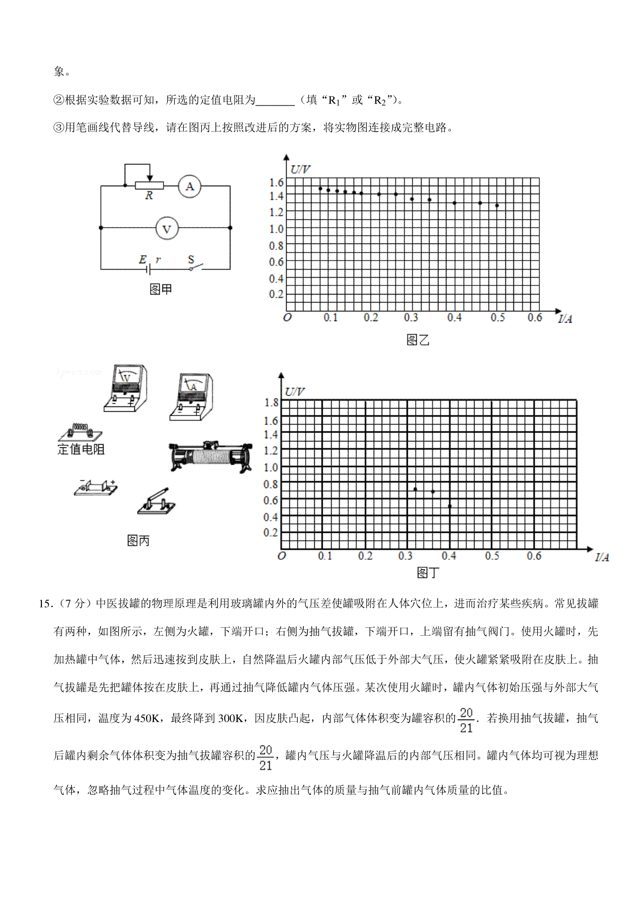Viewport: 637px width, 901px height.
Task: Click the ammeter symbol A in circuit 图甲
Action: (x=190, y=187)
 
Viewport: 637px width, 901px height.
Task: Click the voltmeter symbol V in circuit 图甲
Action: (x=167, y=229)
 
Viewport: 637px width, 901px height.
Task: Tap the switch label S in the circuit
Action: (x=191, y=260)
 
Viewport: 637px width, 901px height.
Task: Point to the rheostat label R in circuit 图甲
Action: (x=149, y=196)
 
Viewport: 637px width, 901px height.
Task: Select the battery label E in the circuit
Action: (x=142, y=259)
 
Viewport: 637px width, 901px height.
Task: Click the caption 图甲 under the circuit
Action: (x=161, y=289)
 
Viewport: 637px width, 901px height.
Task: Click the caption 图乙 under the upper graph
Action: (x=417, y=340)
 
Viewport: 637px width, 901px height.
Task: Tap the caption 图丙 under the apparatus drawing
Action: (x=139, y=541)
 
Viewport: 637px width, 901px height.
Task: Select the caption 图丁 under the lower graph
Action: (x=428, y=573)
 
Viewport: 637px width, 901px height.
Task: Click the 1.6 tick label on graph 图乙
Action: (x=277, y=183)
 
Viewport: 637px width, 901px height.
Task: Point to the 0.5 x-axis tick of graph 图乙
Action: (x=497, y=317)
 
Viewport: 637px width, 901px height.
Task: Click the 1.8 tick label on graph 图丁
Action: (x=271, y=403)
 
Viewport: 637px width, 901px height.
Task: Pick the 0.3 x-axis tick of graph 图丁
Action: (x=406, y=556)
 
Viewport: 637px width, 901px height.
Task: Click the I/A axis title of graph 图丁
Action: (x=602, y=557)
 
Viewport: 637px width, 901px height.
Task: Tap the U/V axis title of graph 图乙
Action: (x=300, y=170)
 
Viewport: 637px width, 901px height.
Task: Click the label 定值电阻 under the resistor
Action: (x=81, y=449)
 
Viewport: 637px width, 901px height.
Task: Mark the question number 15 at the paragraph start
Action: (x=45, y=604)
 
